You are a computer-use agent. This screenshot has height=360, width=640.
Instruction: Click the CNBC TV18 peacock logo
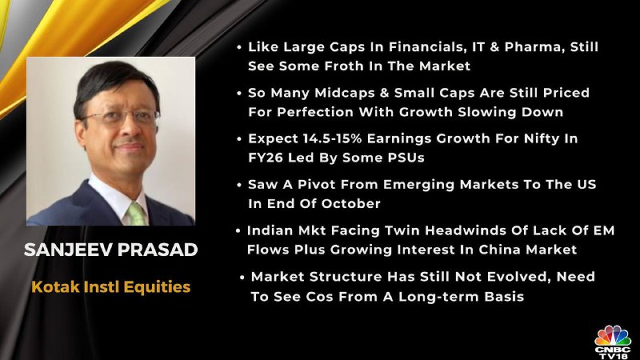[x=612, y=342]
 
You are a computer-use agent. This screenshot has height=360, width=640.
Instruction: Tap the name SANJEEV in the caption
[x=67, y=250]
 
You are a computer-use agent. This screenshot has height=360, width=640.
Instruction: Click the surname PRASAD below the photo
[x=157, y=250]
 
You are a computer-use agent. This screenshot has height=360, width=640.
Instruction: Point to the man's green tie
[x=137, y=214]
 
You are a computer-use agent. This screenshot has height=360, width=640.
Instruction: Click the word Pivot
[x=316, y=185]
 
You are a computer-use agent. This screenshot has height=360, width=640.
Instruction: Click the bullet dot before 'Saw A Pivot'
[x=239, y=185]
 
